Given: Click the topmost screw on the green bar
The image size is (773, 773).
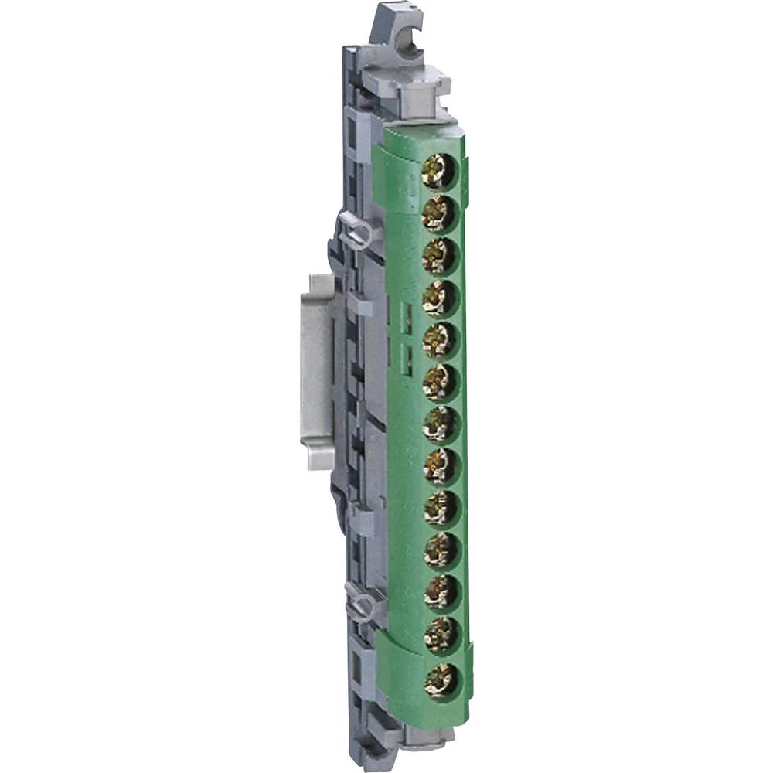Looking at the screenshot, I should point(439,170).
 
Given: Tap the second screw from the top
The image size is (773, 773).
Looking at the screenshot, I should point(439,213).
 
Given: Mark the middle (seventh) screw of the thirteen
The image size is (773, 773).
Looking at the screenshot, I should point(439,423).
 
